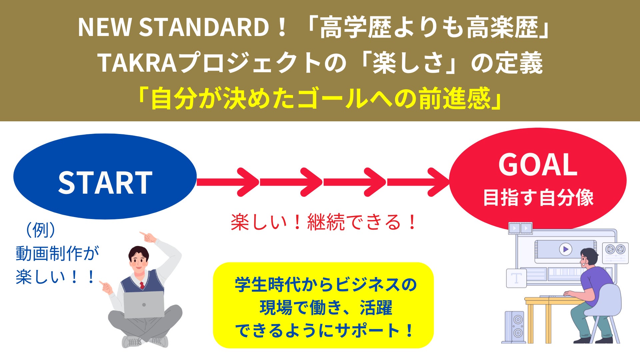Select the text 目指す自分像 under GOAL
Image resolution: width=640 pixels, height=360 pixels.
click(x=538, y=197)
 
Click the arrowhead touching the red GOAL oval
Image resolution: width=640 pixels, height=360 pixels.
click(x=437, y=182)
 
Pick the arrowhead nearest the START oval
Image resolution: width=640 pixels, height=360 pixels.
click(x=247, y=182)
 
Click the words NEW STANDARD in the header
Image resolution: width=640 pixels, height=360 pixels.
click(x=173, y=27)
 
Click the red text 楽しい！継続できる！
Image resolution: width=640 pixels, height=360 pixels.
click(x=323, y=222)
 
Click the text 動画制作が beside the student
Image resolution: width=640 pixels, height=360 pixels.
click(x=57, y=254)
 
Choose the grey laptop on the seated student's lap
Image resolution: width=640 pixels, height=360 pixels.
click(x=144, y=305)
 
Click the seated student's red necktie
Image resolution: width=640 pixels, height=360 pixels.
click(x=142, y=285)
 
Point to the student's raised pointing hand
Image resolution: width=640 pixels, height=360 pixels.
click(x=148, y=237)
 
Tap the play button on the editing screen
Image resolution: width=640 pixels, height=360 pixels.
click(x=565, y=249)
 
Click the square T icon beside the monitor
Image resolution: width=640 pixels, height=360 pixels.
click(x=516, y=278)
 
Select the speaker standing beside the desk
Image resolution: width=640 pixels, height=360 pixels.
click(x=514, y=327)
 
